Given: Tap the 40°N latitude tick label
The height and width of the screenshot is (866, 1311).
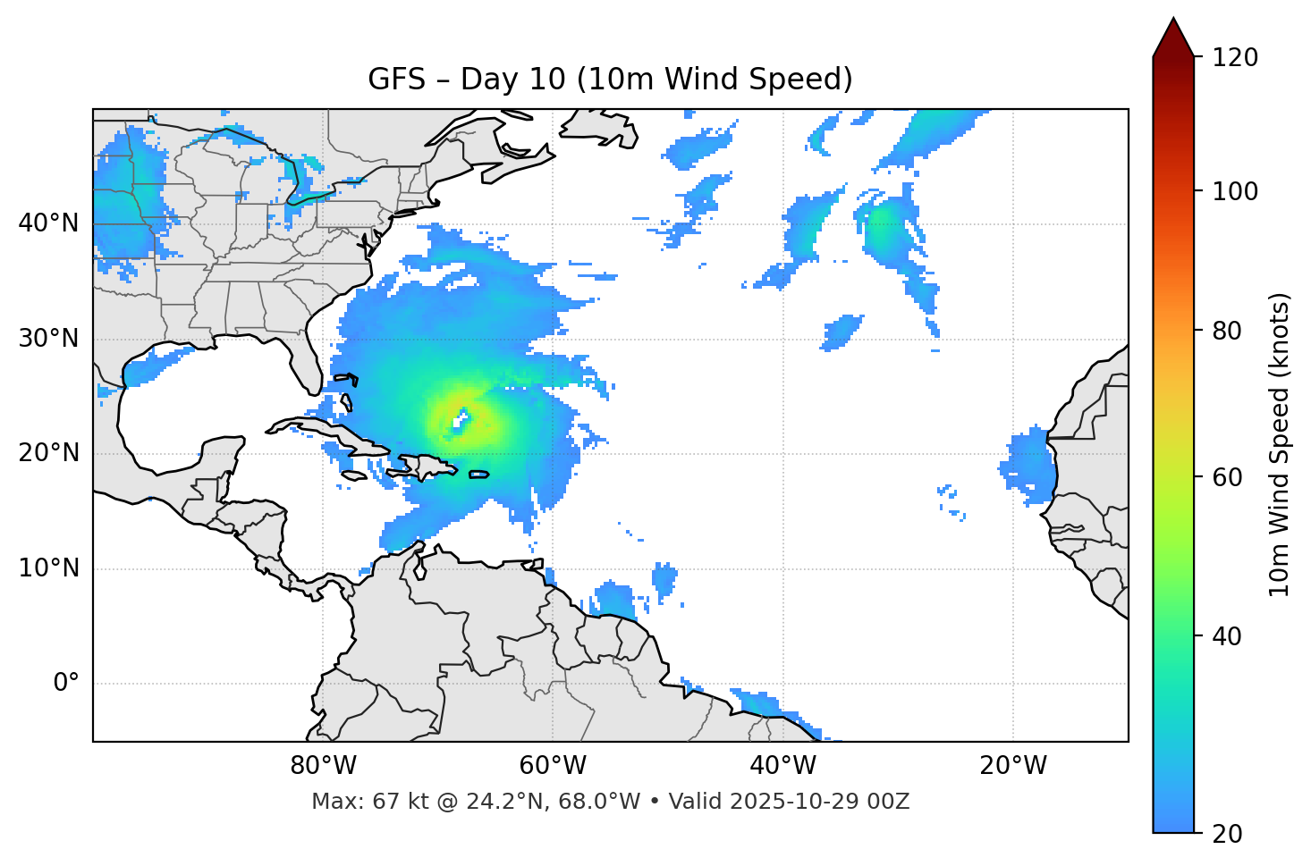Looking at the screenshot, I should point(48,223).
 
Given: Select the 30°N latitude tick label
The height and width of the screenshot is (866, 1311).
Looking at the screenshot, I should point(48,339).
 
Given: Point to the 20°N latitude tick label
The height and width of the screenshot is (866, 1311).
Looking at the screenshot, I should point(48,453).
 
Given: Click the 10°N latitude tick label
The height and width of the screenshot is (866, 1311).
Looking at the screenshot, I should point(48,568).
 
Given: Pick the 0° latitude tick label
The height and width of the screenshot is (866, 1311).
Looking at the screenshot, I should point(65,684).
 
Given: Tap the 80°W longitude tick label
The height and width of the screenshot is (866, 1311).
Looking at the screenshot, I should point(323,766).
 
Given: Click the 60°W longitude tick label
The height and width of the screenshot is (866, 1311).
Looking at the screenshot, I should point(553,766).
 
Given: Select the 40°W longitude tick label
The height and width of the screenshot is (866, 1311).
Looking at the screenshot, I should point(782,766).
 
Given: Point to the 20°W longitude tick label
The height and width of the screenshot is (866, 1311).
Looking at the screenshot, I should point(1012,766).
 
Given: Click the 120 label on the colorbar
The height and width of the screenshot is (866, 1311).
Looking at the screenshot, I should point(1234,58).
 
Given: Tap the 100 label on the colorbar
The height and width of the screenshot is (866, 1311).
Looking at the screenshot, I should point(1234,191).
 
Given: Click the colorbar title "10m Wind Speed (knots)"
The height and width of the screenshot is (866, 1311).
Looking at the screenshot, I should point(1280,444).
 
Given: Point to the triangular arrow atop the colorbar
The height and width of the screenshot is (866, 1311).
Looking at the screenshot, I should point(1173,38).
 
